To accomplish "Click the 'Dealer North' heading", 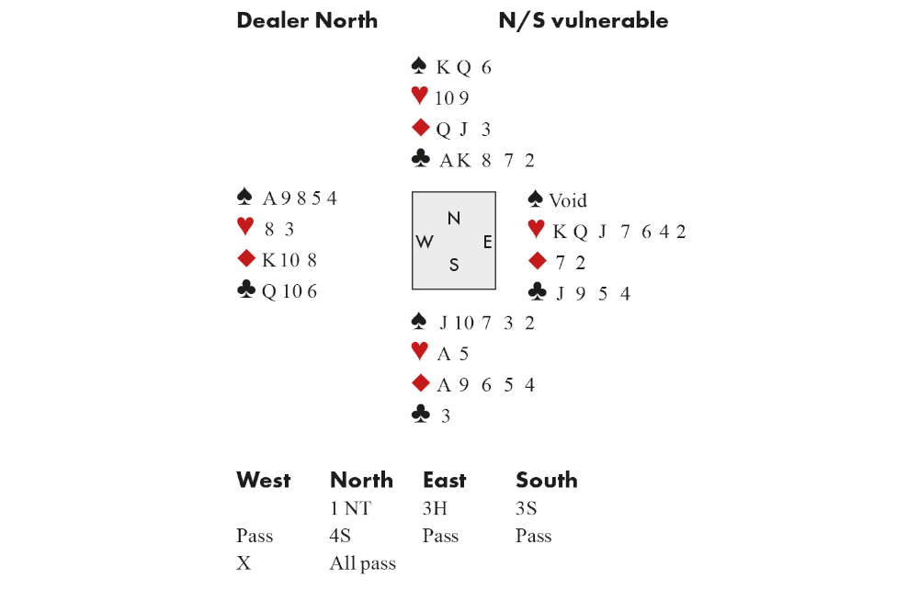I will tap(307, 20).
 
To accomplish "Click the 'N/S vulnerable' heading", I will tap(583, 20).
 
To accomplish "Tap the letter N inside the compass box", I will tap(454, 218).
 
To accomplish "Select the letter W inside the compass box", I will tap(425, 242).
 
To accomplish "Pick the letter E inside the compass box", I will tap(487, 242).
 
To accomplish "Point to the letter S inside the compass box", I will tap(454, 266).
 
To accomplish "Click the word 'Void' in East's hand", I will tap(568, 200).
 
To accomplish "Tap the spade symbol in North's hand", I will tap(420, 66).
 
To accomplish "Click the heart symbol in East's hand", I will tap(537, 231).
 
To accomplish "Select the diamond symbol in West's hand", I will tap(245, 259).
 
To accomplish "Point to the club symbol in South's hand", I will tap(420, 414).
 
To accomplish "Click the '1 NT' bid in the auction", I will tap(350, 508).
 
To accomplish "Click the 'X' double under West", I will tap(244, 563).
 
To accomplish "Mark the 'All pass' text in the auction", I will tap(363, 563).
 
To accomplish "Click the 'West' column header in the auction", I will tap(264, 480).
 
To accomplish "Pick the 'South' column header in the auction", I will tap(547, 480).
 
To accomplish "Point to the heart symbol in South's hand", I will tap(420, 352).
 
